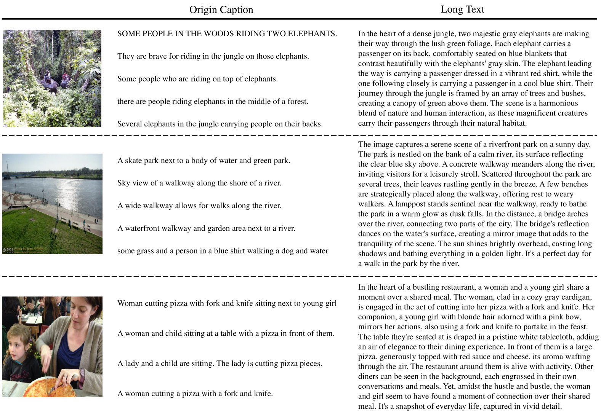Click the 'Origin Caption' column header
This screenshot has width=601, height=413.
pyautogui.click(x=221, y=10)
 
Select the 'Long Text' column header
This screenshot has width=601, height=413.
pyautogui.click(x=462, y=10)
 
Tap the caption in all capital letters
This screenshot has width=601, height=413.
pyautogui.click(x=227, y=34)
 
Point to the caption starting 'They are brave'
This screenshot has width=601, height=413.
pyautogui.click(x=213, y=56)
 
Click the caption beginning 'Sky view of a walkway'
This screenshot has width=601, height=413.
pyautogui.click(x=199, y=183)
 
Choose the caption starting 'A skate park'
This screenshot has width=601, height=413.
pyautogui.click(x=204, y=161)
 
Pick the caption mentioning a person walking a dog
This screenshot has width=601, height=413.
pyautogui.click(x=223, y=251)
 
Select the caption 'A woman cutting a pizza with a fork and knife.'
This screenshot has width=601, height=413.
pyautogui.click(x=195, y=394)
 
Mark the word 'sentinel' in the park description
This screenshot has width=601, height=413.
pyautogui.click(x=471, y=204)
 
